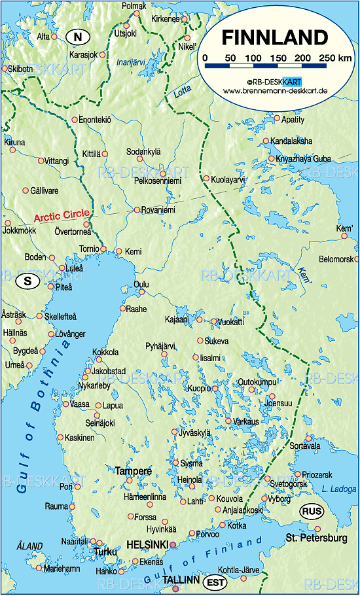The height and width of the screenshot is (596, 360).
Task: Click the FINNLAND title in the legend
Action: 274,37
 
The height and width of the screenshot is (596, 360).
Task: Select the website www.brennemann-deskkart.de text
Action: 274,90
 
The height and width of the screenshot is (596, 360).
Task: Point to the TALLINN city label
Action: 181,580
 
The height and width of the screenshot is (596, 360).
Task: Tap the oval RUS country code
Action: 312,510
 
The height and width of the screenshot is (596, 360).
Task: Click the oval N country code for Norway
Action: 77,37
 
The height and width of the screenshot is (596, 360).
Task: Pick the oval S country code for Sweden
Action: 27,281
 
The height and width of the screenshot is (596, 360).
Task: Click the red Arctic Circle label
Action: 61,215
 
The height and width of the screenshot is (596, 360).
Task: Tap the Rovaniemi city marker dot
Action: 137,210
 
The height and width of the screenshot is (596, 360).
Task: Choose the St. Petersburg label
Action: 315,538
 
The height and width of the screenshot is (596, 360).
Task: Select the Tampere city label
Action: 133,471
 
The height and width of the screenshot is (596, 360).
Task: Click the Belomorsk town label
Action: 336,260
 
